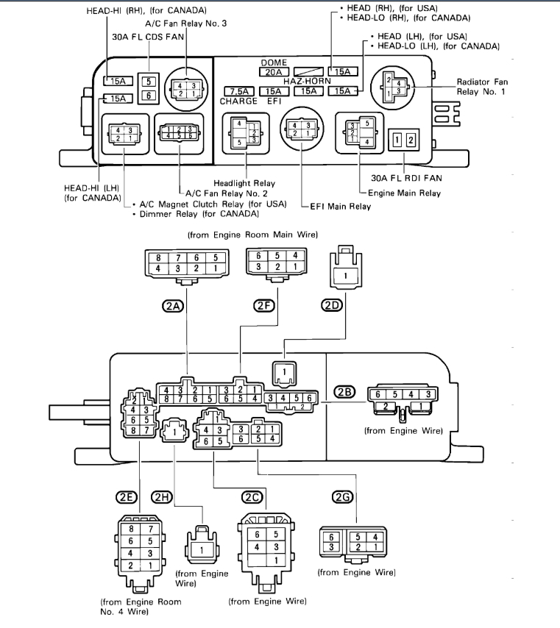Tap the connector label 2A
click(x=174, y=306)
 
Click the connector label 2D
click(x=331, y=306)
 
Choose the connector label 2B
click(x=344, y=392)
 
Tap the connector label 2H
click(x=162, y=498)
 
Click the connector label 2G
click(x=342, y=498)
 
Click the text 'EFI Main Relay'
click(x=340, y=207)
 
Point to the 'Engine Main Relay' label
click(x=404, y=193)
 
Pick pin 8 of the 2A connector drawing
click(x=157, y=259)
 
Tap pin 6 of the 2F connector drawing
click(x=258, y=255)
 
